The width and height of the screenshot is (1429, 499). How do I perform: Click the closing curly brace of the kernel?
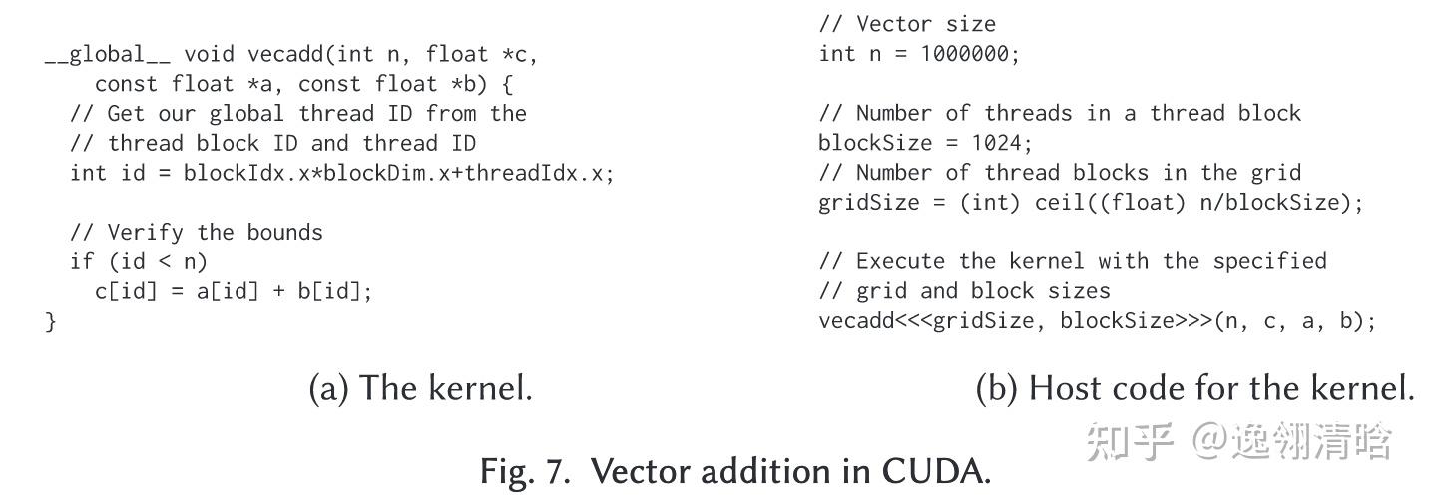pos(51,321)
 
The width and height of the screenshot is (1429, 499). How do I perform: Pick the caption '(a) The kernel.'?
pos(420,388)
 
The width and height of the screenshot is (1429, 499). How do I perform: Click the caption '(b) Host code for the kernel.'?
pos(1193,388)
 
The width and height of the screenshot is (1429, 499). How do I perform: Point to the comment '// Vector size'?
pos(907,24)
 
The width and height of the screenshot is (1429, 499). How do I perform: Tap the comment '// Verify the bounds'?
pos(197,233)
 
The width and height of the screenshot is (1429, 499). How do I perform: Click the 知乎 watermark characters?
pos(1129,440)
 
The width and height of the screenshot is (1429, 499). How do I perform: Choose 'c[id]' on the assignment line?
pos(127,292)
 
